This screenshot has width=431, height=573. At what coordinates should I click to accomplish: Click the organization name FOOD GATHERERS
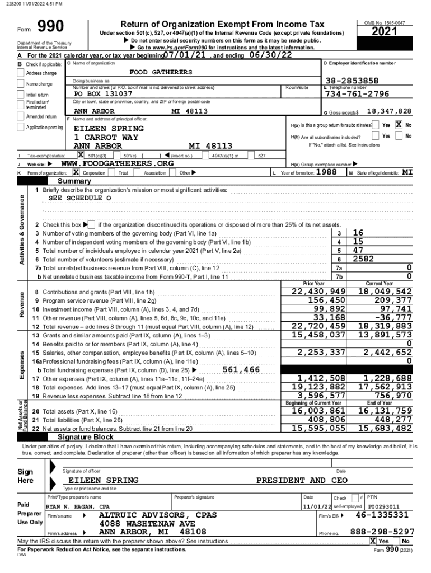pyautogui.click(x=160, y=72)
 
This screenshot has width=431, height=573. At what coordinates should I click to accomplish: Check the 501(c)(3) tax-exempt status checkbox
pyautogui.click(x=81, y=155)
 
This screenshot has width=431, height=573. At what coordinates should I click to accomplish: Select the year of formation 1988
pyautogui.click(x=326, y=172)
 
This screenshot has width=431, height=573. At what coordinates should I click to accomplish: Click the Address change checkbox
pyautogui.click(x=22, y=73)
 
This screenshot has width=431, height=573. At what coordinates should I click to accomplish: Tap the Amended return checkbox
pyautogui.click(x=22, y=116)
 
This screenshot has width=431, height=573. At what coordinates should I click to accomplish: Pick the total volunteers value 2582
pyautogui.click(x=363, y=259)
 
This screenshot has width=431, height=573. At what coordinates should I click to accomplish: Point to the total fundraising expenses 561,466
pyautogui.click(x=241, y=369)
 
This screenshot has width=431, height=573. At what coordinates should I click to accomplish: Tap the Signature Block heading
pyautogui.click(x=81, y=436)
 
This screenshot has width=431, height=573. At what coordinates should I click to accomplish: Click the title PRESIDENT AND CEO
pyautogui.click(x=302, y=480)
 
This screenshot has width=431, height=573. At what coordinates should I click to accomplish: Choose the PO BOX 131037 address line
pyautogui.click(x=103, y=93)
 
